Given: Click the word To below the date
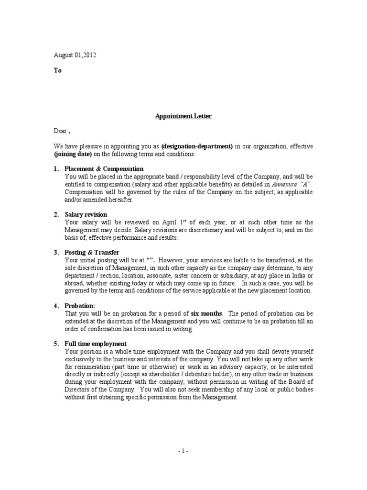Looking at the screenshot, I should point(57,70).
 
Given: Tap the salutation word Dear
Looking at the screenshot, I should point(60,130).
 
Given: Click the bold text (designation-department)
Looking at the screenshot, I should point(197,146).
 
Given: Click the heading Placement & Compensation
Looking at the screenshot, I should point(104,169).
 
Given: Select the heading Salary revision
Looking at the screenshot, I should point(86,214).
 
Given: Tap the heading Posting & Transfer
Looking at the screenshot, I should point(92,252).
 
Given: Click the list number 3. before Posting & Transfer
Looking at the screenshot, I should point(56,252).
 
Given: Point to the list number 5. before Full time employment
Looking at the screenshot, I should point(56,344).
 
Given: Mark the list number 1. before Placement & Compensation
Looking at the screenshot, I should point(56,169).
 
